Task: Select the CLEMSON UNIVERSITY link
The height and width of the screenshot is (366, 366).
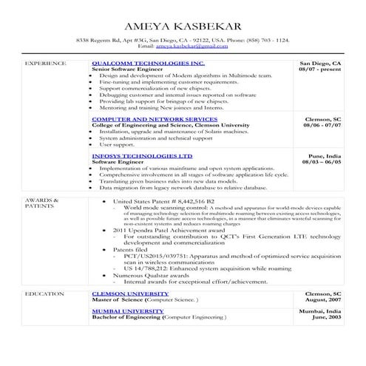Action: point(129,294)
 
